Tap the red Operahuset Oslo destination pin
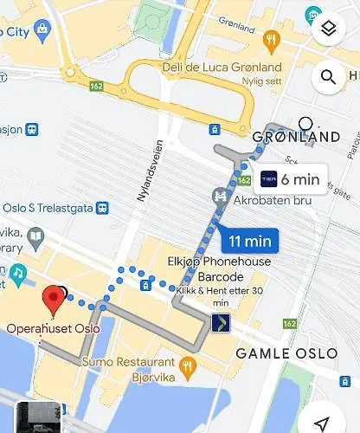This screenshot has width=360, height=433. (x=55, y=300)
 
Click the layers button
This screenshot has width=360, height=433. (x=328, y=29)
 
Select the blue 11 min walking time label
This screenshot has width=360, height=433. (x=250, y=240)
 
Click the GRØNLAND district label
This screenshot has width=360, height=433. (x=295, y=137)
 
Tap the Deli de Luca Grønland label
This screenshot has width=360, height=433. (x=222, y=68)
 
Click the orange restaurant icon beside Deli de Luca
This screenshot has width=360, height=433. (x=272, y=39)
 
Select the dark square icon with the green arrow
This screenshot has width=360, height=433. (x=221, y=323)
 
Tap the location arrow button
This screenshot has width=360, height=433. (x=322, y=422)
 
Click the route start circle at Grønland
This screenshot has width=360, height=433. (x=305, y=123)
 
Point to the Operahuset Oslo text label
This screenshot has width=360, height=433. (x=54, y=328)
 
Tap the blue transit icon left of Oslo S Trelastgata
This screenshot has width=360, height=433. (x=102, y=208)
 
